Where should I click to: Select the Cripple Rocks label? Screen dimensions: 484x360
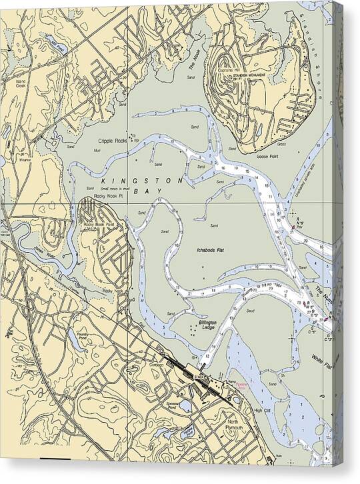[x=113, y=141]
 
